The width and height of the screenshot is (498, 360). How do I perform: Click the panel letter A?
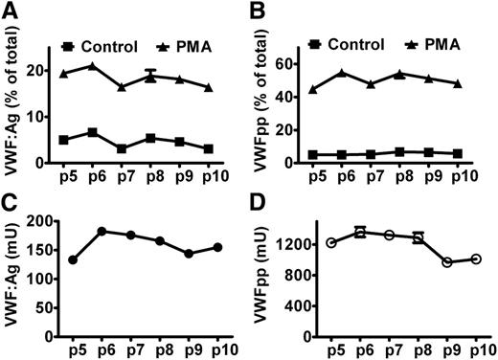pos(11,11)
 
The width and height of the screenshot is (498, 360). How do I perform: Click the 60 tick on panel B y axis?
pos(300,63)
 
